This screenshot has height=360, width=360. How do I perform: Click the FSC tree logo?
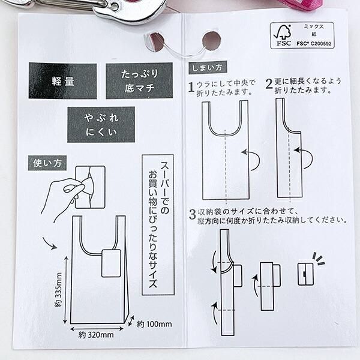point(283,34)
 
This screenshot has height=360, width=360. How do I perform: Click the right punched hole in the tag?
point(211,41)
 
